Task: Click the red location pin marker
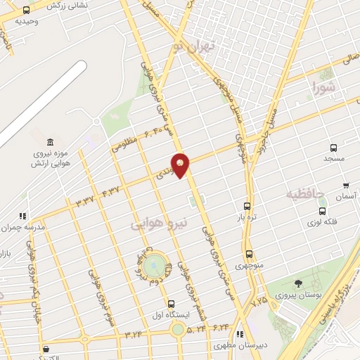pyautogui.click(x=181, y=165)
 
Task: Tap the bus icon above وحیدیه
pyautogui.click(x=26, y=11)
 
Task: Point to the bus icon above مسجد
pyautogui.click(x=333, y=148)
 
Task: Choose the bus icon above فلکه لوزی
pyautogui.click(x=322, y=210)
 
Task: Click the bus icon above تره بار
pyautogui.click(x=246, y=206)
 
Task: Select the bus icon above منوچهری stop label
pyautogui.click(x=248, y=255)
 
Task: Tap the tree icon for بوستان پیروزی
pyautogui.click(x=299, y=283)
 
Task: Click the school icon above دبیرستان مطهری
pyautogui.click(x=240, y=334)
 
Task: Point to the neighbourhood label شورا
pyautogui.click(x=325, y=89)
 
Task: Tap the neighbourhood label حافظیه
pyautogui.click(x=304, y=193)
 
